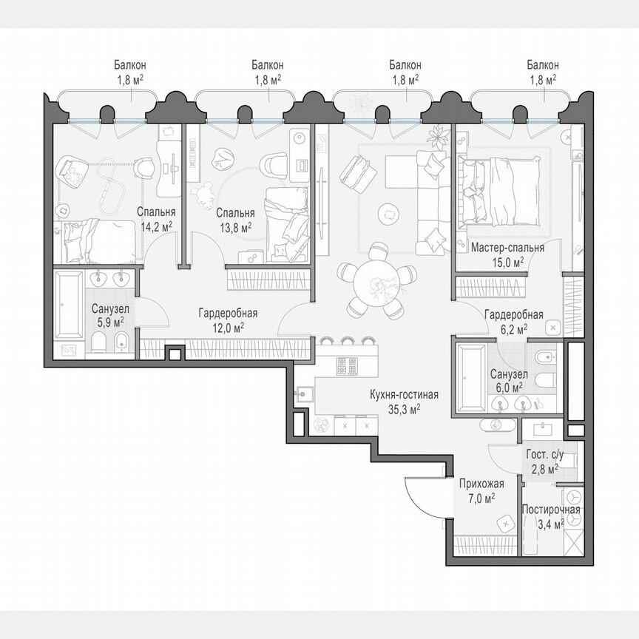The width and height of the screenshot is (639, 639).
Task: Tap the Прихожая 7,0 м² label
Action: click(x=481, y=490)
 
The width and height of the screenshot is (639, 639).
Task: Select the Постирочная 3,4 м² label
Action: click(x=551, y=515)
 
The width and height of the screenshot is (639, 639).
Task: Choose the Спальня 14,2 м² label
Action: click(x=156, y=219)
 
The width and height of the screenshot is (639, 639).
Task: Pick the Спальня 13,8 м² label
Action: click(x=234, y=220)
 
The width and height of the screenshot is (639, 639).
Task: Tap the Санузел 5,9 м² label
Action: click(x=108, y=316)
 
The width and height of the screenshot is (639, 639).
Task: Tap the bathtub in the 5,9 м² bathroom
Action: click(x=70, y=305)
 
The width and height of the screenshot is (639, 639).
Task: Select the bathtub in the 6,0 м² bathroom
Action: click(x=470, y=377)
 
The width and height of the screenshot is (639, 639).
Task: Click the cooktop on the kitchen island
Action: click(x=347, y=366)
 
